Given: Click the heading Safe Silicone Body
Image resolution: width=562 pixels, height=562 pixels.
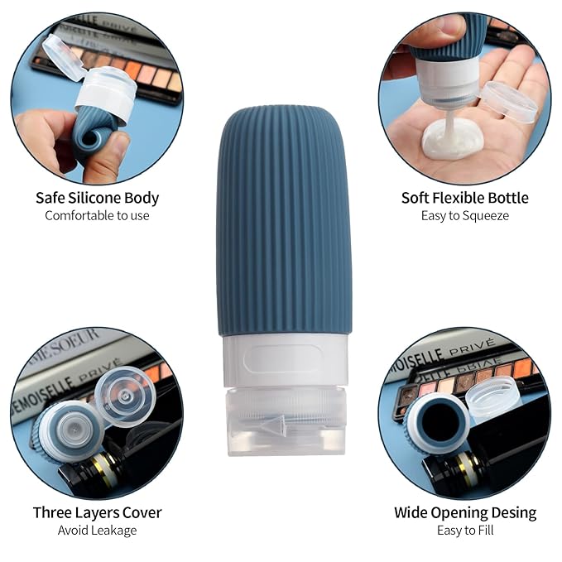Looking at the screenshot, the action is (97, 198).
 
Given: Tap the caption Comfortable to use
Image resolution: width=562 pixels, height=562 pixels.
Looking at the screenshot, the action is (97, 215).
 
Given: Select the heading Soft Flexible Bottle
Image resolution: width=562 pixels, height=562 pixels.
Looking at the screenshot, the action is (465, 198).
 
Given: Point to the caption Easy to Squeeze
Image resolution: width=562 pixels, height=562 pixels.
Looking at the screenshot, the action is (465, 216).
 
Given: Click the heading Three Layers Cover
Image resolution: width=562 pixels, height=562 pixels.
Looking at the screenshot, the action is (97, 512).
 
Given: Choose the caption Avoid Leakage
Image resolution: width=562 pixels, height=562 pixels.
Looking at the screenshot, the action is (97, 530).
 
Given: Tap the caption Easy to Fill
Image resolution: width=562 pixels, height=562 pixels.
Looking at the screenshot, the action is (465, 530).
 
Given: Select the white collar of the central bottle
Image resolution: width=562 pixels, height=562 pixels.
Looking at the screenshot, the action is (286, 360).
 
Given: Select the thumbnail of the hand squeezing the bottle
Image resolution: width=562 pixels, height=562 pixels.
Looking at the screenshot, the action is (465, 98).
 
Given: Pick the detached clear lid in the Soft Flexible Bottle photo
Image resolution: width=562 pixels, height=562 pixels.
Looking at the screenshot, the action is (509, 102).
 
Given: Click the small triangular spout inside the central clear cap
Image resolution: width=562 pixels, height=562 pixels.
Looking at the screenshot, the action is (273, 425).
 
